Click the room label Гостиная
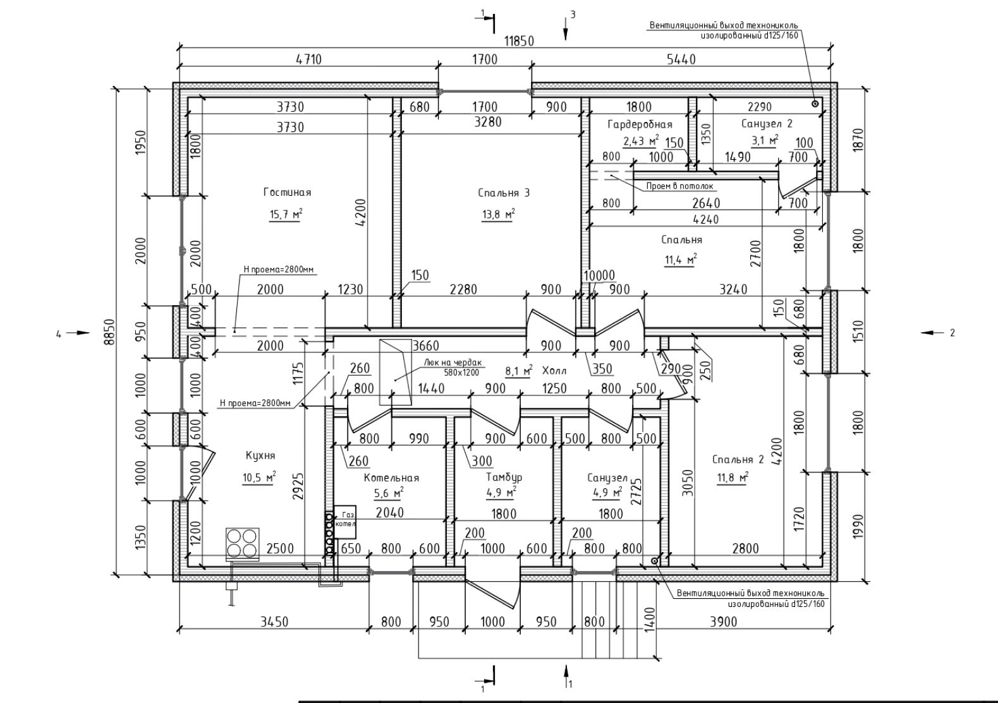[287, 192]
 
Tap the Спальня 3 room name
[504, 193]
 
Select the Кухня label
[260, 455]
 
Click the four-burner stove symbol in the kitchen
[243, 543]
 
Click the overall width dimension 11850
[519, 42]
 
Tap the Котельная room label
[391, 478]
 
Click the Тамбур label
[504, 478]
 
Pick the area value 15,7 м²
[286, 215]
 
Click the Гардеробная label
[640, 124]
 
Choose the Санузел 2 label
[766, 124]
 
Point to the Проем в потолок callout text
[679, 186]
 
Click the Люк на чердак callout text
[452, 363]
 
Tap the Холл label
[554, 371]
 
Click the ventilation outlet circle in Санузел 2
[815, 104]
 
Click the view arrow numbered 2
[933, 332]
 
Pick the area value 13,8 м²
[498, 215]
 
